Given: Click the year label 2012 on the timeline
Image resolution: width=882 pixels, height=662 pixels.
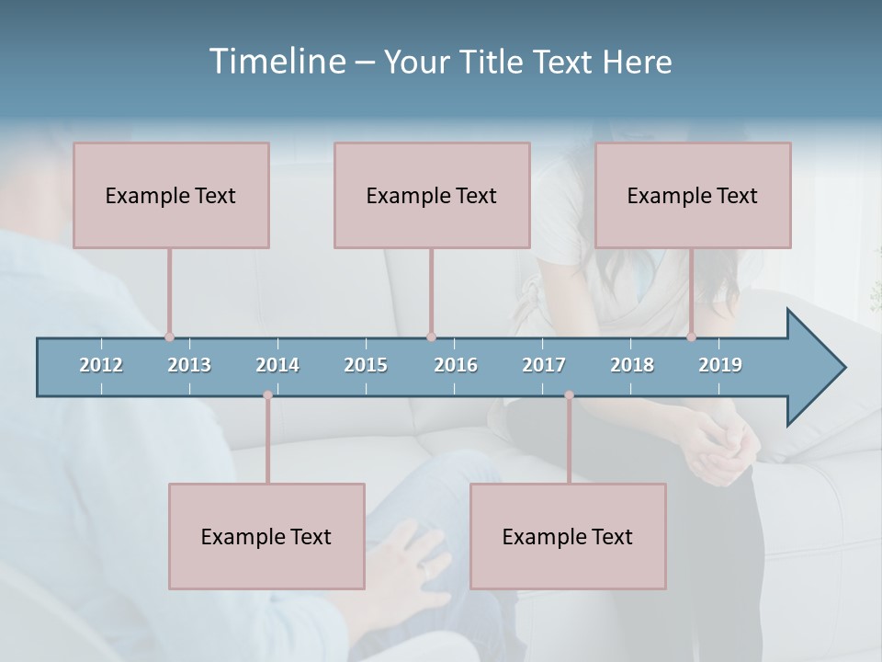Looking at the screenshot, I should pos(101,365).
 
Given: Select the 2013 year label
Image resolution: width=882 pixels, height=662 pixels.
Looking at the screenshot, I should pos(189,365).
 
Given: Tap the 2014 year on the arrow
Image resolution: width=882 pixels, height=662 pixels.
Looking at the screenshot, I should pos(277,365).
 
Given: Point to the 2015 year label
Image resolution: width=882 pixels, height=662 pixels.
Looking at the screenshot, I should pos(366,365).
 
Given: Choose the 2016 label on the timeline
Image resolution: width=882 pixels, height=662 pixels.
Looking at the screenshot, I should pos(456,365).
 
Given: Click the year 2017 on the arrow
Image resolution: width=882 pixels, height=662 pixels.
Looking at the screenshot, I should pos(544,365).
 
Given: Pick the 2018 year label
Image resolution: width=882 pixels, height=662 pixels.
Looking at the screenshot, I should pos(632,365).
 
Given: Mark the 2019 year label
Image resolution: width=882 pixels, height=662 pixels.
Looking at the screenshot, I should pos(720,365).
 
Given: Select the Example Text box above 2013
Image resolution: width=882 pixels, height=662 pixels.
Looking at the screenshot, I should pos(171,195).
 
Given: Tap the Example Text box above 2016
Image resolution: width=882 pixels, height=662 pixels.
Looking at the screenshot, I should pos(432,195).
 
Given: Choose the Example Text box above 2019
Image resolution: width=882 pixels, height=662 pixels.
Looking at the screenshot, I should pos(693,195).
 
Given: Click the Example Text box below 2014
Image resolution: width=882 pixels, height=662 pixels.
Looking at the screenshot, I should pos(266,536).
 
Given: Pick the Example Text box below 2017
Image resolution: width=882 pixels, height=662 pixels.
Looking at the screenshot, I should pos(568,536).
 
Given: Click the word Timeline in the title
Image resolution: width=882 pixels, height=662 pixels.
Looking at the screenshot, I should pos(277,62).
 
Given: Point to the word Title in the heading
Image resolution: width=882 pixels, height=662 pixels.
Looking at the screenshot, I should pos(492,62).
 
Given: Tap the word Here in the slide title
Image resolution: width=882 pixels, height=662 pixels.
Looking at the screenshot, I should pos(637,62).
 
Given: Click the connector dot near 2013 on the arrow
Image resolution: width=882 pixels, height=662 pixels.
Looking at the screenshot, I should pos(169,337).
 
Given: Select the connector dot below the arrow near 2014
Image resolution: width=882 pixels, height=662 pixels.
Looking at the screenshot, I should pos(267,395).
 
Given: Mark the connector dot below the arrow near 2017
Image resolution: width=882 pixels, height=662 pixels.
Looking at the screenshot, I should pos(569,395).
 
